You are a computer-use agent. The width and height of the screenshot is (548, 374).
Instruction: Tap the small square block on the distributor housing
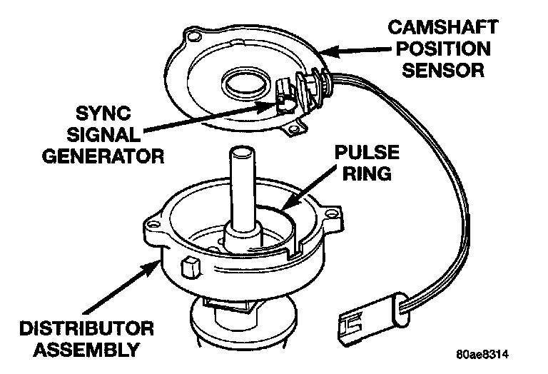coord(191,268)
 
